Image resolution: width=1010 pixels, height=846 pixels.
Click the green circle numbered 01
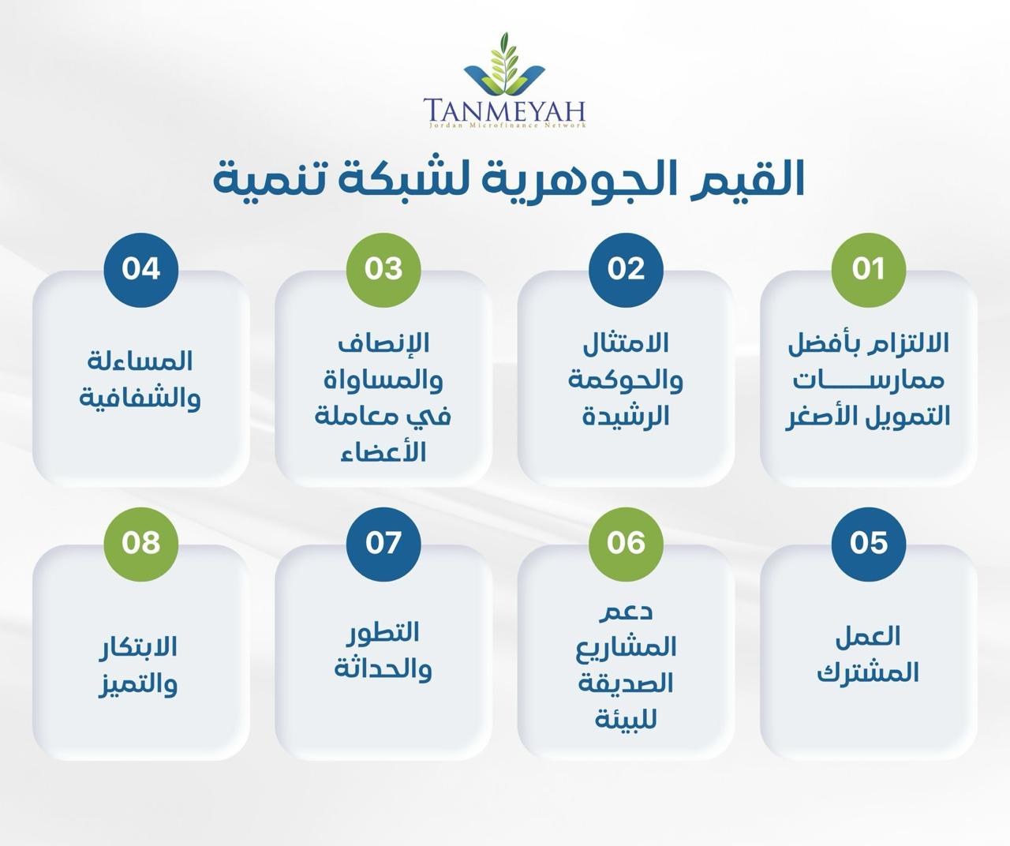pyautogui.click(x=868, y=270)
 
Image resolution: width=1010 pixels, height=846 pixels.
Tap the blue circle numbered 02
pyautogui.click(x=626, y=270)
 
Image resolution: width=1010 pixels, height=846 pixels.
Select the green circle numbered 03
pyautogui.click(x=383, y=270)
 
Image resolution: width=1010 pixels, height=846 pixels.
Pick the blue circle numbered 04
pyautogui.click(x=141, y=270)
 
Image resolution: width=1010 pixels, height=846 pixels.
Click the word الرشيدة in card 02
pyautogui.click(x=626, y=416)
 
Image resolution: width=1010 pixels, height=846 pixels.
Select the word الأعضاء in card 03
pyautogui.click(x=383, y=452)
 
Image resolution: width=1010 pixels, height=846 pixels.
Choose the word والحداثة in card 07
pyautogui.click(x=383, y=671)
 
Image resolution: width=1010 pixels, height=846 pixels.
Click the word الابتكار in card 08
pyautogui.click(x=138, y=647)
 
